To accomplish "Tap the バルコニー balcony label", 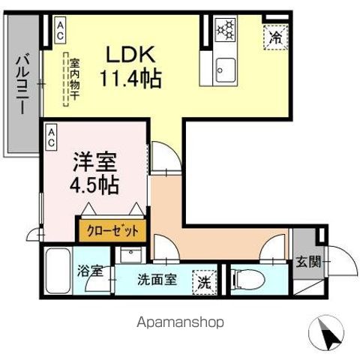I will [22, 82].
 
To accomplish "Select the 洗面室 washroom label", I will [157, 280].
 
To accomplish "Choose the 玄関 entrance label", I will [307, 262].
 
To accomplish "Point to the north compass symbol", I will [325, 331].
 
